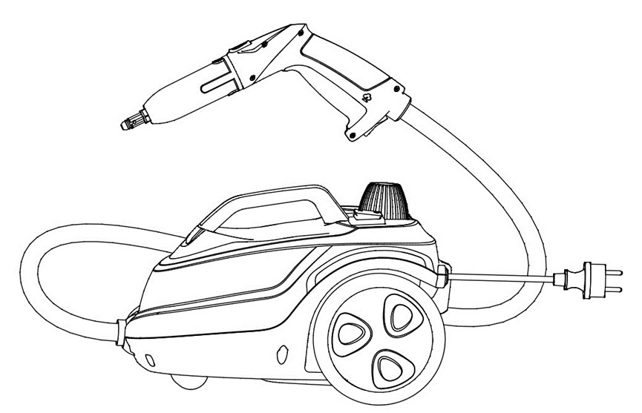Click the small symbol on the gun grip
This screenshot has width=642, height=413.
point(367,96)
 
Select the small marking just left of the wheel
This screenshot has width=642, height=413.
point(282,351)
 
